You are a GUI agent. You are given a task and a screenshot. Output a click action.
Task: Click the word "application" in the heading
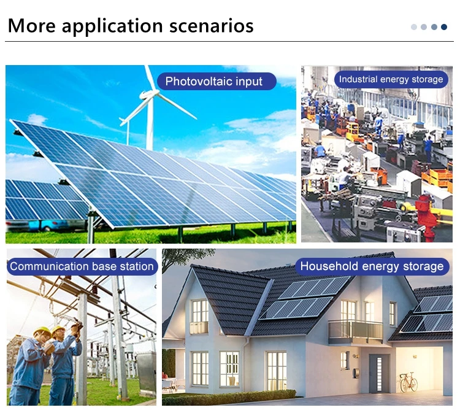pos(112,26)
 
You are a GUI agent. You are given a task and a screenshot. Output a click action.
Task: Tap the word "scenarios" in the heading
pos(211,26)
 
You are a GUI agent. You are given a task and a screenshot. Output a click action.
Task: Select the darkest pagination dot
pos(444,27)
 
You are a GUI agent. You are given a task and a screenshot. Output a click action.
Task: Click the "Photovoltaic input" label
pos(217,81)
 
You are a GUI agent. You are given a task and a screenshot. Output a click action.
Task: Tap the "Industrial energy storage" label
pos(391,79)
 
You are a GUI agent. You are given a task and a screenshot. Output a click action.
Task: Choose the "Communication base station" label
pos(82,266)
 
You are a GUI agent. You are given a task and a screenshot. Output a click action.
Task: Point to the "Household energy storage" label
pos(372,266)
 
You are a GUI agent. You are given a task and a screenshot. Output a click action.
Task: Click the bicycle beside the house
pos(408,382)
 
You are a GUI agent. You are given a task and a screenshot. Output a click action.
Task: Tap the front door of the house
pos(379,373)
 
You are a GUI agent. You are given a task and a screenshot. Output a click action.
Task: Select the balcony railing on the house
pos(355,331)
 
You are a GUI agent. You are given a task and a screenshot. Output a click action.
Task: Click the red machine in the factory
pos(426,217)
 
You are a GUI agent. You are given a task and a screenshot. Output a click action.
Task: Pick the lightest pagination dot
pos(414,27)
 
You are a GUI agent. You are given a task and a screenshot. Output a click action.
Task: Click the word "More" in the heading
pos(32,26)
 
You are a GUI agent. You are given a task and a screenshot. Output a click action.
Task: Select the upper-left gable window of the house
pos(199,316)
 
